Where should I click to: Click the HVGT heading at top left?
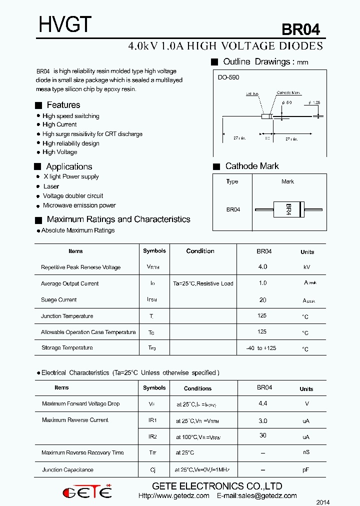(x=65, y=24)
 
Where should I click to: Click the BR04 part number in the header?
(x=300, y=29)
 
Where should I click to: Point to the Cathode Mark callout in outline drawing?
(x=289, y=93)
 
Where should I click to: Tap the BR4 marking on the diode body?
(x=288, y=209)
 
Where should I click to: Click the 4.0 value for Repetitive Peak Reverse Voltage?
(x=262, y=267)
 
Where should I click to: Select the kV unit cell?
(x=307, y=267)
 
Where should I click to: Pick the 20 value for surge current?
(x=263, y=300)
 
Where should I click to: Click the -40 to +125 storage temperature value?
(x=261, y=348)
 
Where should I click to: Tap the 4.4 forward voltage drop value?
(x=263, y=403)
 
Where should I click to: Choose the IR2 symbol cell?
(x=152, y=436)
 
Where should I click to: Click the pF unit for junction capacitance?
(x=306, y=470)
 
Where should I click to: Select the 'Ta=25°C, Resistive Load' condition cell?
(x=203, y=283)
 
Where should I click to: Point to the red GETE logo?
(x=87, y=492)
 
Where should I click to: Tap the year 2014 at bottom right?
(x=323, y=502)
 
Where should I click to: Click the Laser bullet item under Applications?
(x=51, y=186)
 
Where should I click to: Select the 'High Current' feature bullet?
(x=59, y=124)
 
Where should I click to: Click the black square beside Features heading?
(x=38, y=105)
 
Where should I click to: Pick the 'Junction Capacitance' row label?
(x=67, y=470)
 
